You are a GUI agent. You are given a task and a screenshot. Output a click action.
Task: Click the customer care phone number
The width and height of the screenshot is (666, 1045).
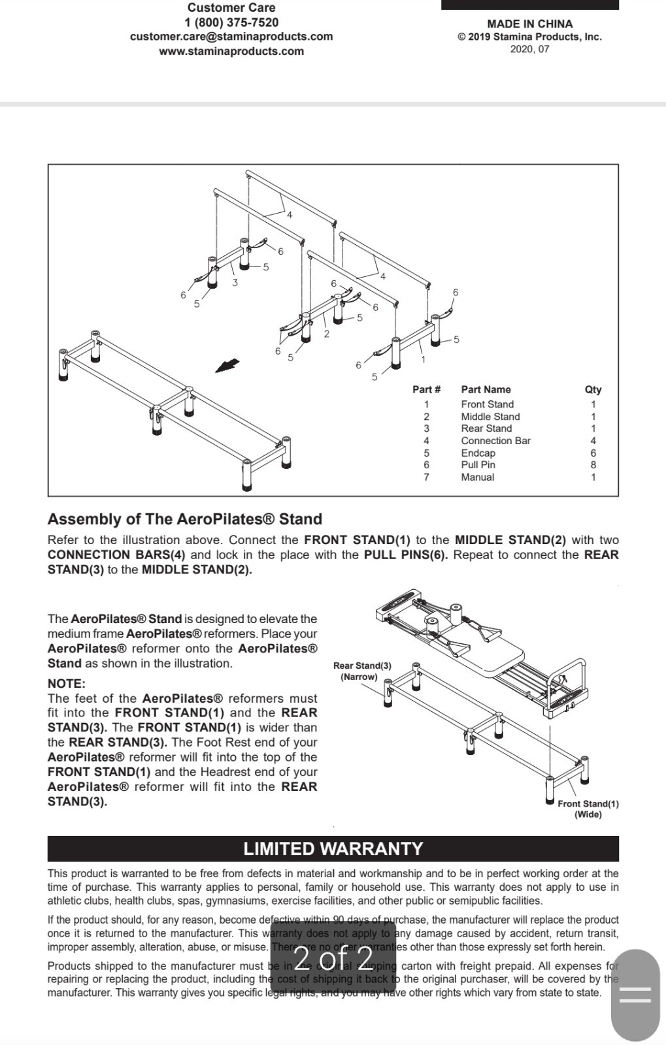tap(231, 22)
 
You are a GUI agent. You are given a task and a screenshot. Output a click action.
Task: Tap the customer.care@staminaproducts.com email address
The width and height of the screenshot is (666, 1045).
tap(231, 37)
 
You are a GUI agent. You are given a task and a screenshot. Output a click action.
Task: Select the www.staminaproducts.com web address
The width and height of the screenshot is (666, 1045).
tap(231, 51)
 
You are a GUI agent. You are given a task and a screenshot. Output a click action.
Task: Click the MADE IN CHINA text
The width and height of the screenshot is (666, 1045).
tap(529, 24)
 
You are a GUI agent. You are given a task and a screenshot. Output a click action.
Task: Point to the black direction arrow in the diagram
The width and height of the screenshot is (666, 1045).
tap(227, 366)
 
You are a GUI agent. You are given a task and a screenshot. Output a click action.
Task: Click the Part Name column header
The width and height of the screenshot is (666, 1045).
tap(486, 389)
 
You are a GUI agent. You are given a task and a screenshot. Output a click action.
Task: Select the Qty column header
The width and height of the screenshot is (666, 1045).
tap(593, 389)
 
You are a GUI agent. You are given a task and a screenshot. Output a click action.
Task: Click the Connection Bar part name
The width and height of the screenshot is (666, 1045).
tap(495, 441)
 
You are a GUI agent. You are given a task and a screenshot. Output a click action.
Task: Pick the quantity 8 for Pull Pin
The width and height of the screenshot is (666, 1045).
tap(593, 465)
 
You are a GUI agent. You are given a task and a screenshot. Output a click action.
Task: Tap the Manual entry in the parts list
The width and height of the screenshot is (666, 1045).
tap(477, 477)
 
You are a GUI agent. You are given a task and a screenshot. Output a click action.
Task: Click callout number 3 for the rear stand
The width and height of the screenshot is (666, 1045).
tap(235, 283)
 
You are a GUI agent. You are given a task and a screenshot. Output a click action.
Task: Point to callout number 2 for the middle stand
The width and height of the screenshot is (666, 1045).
tap(326, 334)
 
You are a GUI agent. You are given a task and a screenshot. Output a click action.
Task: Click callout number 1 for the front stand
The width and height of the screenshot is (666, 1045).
tap(423, 359)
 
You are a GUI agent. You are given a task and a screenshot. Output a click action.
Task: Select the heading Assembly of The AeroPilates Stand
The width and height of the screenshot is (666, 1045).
tap(185, 519)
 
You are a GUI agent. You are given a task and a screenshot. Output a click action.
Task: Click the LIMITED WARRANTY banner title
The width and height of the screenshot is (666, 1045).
tap(333, 848)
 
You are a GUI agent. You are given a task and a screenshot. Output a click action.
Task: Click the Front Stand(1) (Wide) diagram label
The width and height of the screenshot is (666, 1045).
tap(588, 809)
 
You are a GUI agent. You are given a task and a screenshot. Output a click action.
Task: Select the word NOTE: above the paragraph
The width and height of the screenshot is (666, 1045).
tap(66, 684)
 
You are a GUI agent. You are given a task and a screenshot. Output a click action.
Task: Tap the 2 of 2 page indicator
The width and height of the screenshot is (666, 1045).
tap(333, 957)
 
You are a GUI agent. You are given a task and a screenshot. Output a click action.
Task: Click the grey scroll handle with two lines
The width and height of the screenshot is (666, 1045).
tap(635, 995)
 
